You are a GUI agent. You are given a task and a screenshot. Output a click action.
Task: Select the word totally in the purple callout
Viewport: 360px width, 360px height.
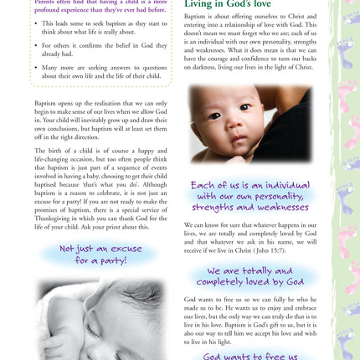point(259,271)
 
